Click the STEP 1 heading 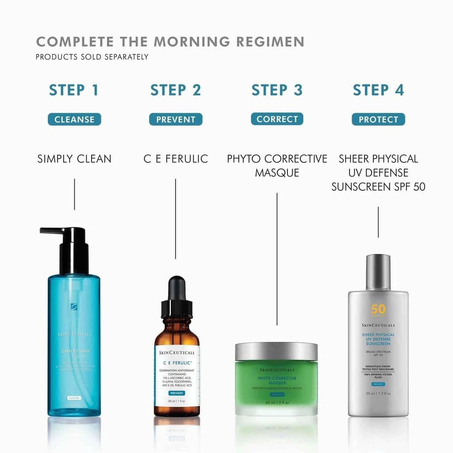pos(74,90)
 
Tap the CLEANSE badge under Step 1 pos(74,119)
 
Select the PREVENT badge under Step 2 pos(176,119)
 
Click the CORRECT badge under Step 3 pos(277,119)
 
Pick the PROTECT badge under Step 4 pos(378,119)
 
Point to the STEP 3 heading pos(277,90)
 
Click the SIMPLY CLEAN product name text pos(74,159)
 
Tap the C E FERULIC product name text pos(176,159)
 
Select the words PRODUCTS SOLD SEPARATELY pos(92,57)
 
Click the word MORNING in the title pos(192,42)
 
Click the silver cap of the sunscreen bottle pos(378,272)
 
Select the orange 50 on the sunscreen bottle pos(378,309)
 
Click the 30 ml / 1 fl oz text pos(177,401)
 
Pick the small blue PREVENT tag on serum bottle pos(177,393)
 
